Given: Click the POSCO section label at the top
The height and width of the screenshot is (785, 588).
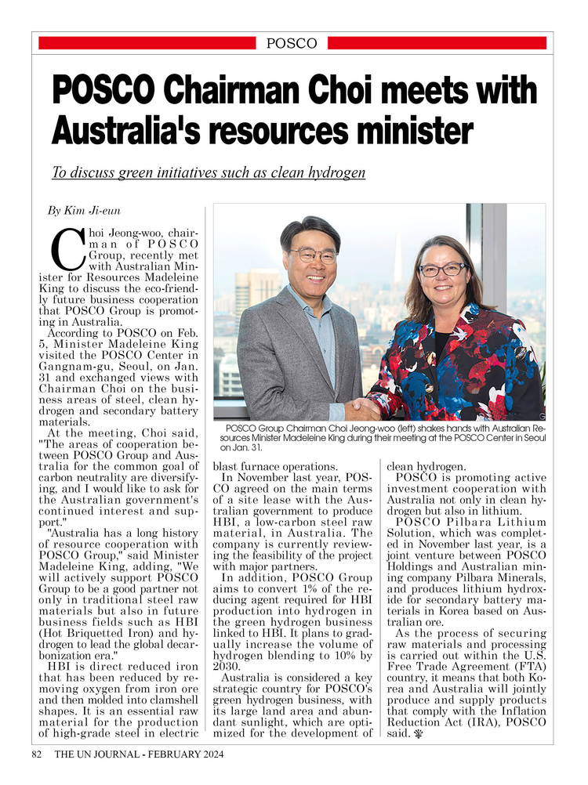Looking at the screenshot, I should point(292,43).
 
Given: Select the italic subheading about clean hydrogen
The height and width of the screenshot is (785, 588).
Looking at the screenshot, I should point(209,172).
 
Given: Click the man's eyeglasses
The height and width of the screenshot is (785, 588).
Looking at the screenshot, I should point(313,255).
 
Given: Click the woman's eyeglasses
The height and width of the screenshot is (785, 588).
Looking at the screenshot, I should point(442,270).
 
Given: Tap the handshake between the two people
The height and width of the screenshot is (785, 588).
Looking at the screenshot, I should point(362,408).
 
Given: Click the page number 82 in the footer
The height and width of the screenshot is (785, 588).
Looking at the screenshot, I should point(36,754).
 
